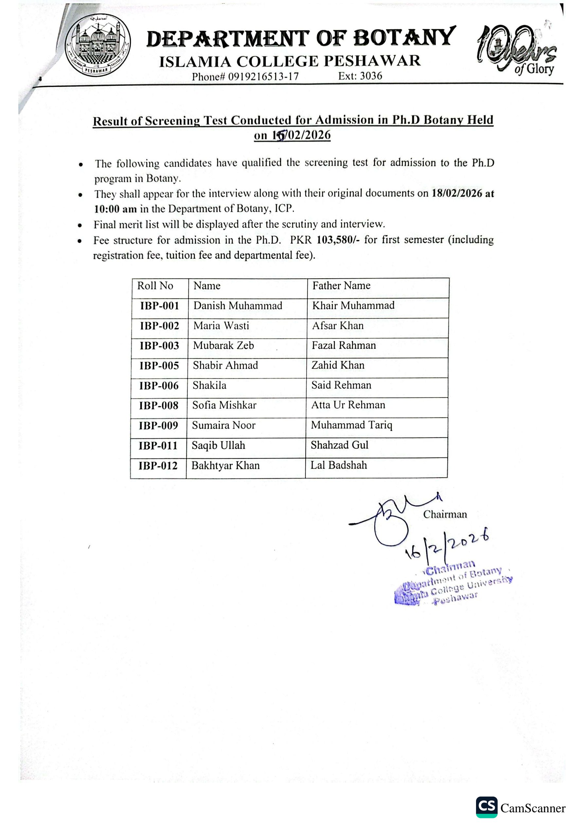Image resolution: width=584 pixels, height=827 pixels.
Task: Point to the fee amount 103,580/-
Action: [x=338, y=240]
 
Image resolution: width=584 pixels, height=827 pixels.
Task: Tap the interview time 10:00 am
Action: [x=115, y=209]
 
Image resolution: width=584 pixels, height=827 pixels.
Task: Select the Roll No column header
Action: [x=155, y=286]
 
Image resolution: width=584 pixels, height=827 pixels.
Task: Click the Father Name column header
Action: [x=341, y=285]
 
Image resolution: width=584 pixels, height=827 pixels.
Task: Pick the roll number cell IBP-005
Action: [x=159, y=366]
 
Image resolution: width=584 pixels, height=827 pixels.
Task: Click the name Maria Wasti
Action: [x=221, y=326]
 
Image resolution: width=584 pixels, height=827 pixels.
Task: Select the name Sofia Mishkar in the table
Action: [x=224, y=405]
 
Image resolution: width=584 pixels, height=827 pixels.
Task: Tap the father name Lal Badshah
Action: [x=338, y=465]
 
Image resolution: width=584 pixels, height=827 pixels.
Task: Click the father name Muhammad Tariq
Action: [x=351, y=425]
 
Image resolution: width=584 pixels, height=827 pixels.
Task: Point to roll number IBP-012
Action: [x=158, y=466]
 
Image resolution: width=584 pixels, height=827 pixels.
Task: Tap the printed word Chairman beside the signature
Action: [x=445, y=514]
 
